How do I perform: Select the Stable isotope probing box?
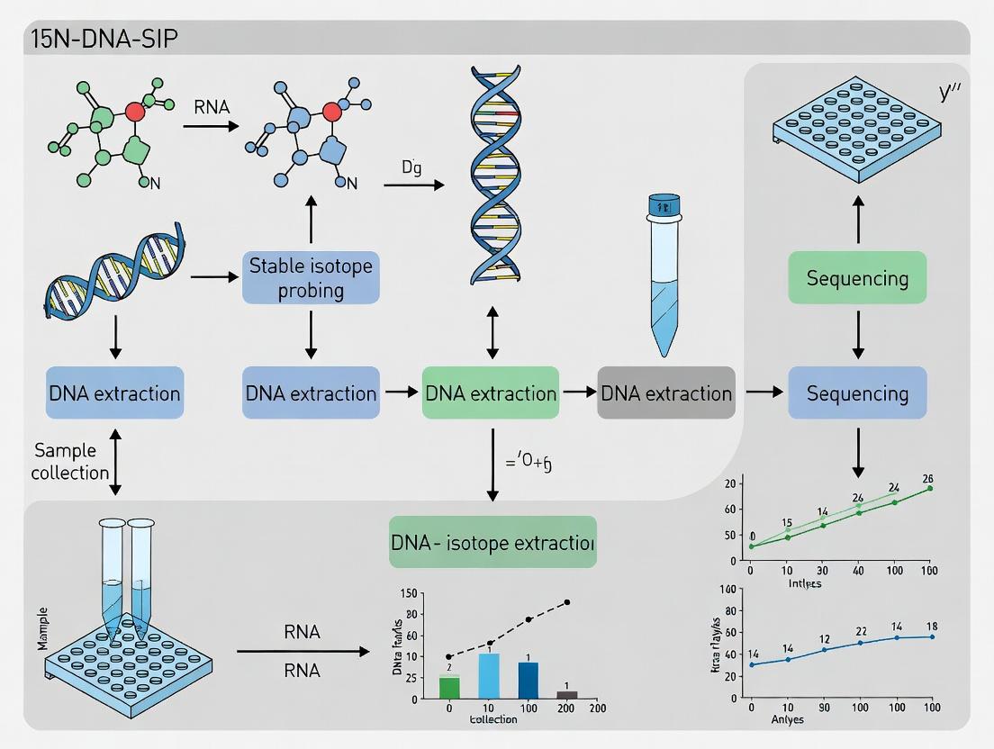coord(311,277)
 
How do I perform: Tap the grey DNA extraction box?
coord(665,393)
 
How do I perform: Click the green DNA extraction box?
coord(491,393)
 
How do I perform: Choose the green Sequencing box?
coord(857,277)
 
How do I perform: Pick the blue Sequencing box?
coord(857,393)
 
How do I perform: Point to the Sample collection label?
coord(70,460)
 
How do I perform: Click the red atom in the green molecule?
coord(135,112)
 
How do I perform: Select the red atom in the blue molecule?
coord(333,112)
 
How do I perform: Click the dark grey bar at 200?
coord(566,694)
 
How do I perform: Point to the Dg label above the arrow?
coord(411,167)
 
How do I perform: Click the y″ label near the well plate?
coord(948,92)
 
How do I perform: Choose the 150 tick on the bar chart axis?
coord(407,593)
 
